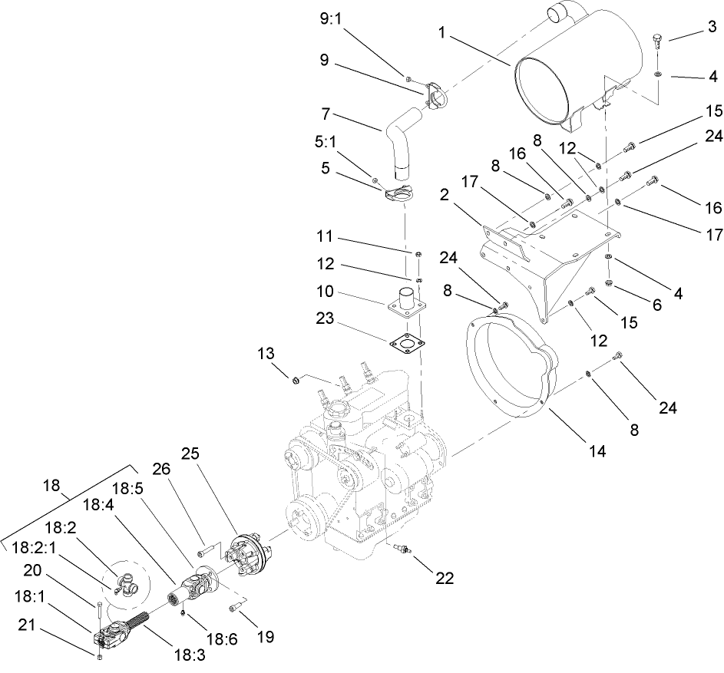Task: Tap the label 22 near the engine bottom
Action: [x=444, y=578]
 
